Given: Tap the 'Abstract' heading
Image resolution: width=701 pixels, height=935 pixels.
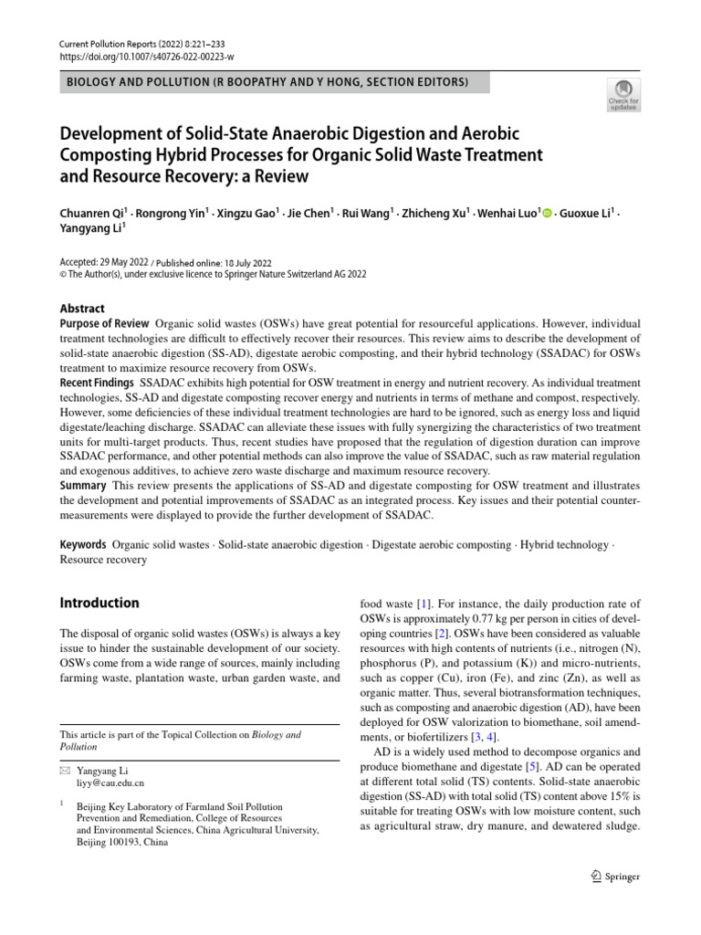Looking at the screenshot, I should tap(82, 309).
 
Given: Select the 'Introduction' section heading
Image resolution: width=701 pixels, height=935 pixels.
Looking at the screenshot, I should tap(99, 603).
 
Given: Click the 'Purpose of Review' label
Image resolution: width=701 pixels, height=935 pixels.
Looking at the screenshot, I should tap(104, 324).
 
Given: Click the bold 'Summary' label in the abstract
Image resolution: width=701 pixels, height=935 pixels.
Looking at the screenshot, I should tap(83, 485).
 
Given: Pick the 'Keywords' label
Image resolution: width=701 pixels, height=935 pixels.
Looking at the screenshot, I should tap(83, 544).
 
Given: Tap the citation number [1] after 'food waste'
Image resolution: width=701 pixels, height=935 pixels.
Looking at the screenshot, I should tap(423, 604).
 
